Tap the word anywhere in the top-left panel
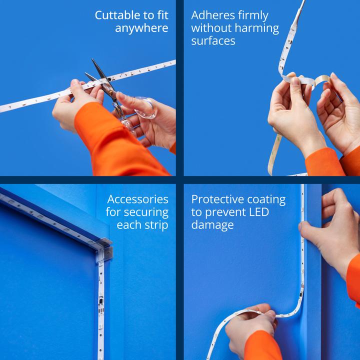(x=141, y=28)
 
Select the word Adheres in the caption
(x=212, y=15)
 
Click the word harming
(x=257, y=28)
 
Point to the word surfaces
(x=213, y=41)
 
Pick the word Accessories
(x=138, y=199)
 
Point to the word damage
(x=212, y=225)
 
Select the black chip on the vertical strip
(x=101, y=301)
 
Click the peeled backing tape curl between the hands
(x=322, y=80)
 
